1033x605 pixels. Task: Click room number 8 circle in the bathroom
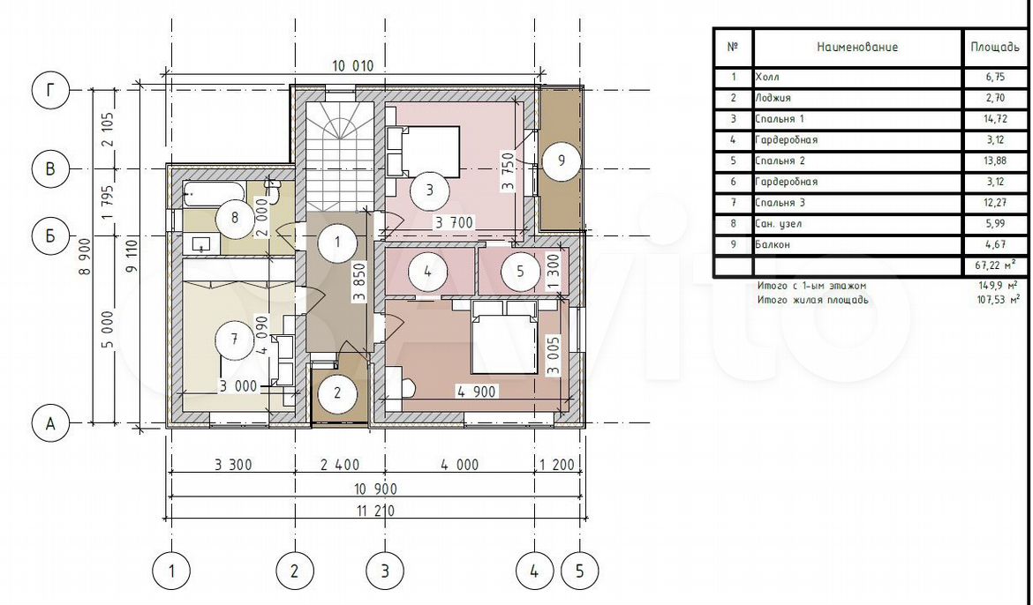point(235,216)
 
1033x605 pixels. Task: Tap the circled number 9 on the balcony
point(561,160)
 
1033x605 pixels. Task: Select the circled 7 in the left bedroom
point(235,339)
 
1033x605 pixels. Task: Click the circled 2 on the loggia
point(337,393)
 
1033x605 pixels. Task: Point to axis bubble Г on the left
point(50,90)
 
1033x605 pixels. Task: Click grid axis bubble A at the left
point(50,424)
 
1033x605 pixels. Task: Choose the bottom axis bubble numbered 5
point(580,570)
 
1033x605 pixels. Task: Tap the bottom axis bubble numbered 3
point(386,570)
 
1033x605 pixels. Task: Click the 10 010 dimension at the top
point(352,66)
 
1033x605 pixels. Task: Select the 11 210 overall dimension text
point(374,511)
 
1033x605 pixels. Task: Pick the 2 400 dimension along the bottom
point(340,465)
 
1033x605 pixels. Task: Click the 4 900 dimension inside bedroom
point(477,392)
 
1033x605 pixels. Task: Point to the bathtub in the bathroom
point(214,190)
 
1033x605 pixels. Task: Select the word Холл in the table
point(767,77)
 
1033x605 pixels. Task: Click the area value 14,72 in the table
point(995,118)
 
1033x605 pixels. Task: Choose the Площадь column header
point(995,47)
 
